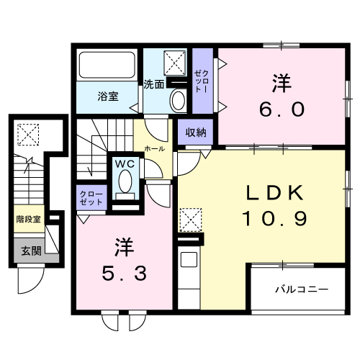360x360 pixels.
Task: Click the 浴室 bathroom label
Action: click(108, 96)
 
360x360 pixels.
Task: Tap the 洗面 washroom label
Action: click(154, 83)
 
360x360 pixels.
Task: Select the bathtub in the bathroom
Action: click(108, 68)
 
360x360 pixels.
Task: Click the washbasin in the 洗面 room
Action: click(177, 99)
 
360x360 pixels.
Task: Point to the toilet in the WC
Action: click(126, 181)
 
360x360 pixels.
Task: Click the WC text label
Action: click(125, 163)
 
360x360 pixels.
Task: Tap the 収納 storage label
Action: click(196, 132)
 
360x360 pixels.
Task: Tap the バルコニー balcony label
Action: click(302, 289)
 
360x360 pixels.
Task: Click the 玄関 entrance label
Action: click(30, 251)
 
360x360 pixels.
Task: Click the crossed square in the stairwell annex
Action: click(28, 133)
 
